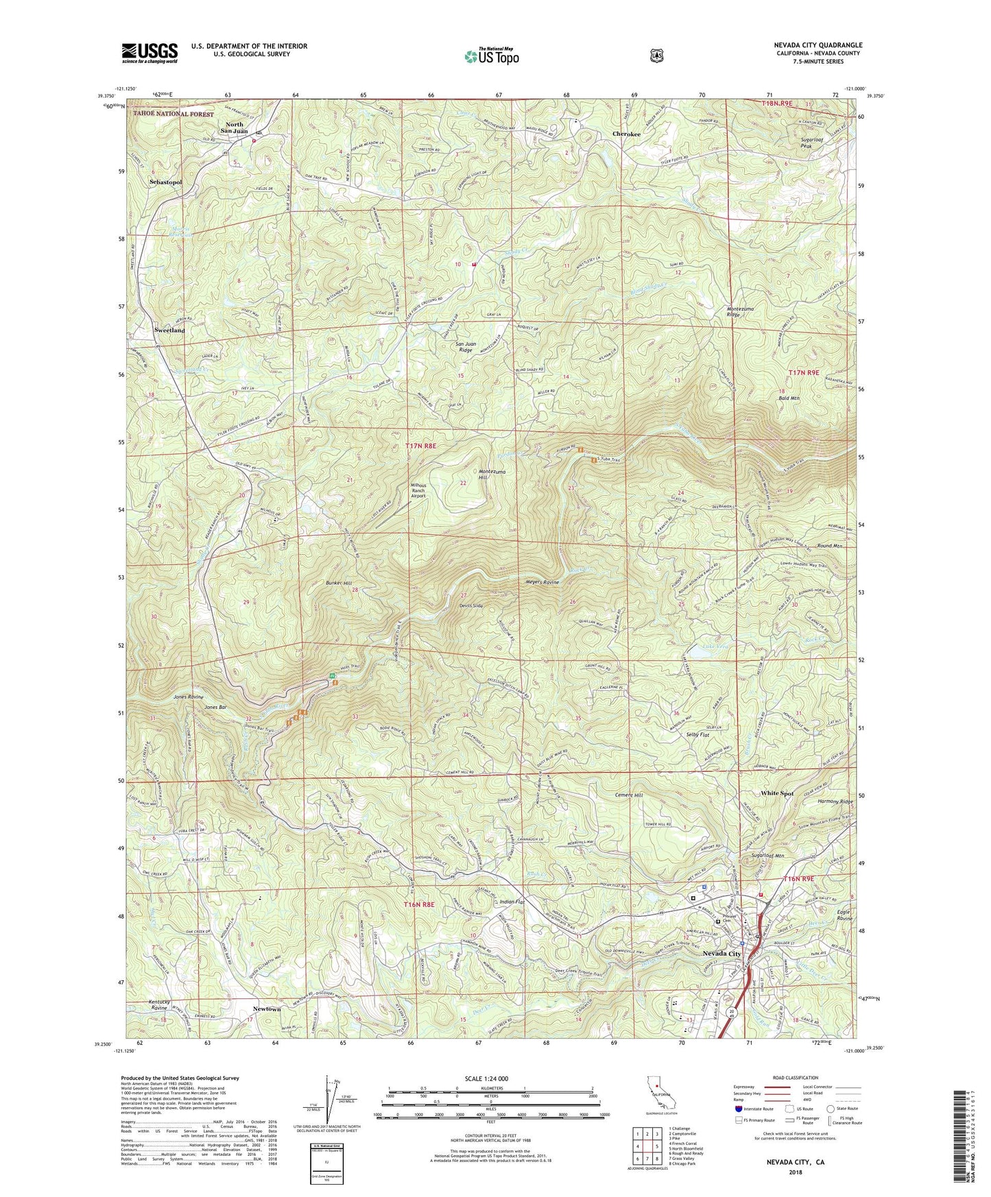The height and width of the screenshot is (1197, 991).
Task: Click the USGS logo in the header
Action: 150,52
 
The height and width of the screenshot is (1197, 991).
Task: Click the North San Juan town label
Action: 235,128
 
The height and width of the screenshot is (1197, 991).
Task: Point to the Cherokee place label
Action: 627,134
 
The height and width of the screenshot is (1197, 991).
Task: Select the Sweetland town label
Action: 169,330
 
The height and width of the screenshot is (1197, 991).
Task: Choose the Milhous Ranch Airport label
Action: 427,490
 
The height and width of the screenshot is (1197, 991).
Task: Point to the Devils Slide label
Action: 472,606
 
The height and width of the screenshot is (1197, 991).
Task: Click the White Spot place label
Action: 777,793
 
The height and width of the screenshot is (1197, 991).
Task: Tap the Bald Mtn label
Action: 788,398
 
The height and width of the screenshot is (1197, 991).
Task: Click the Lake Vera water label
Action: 717,646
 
